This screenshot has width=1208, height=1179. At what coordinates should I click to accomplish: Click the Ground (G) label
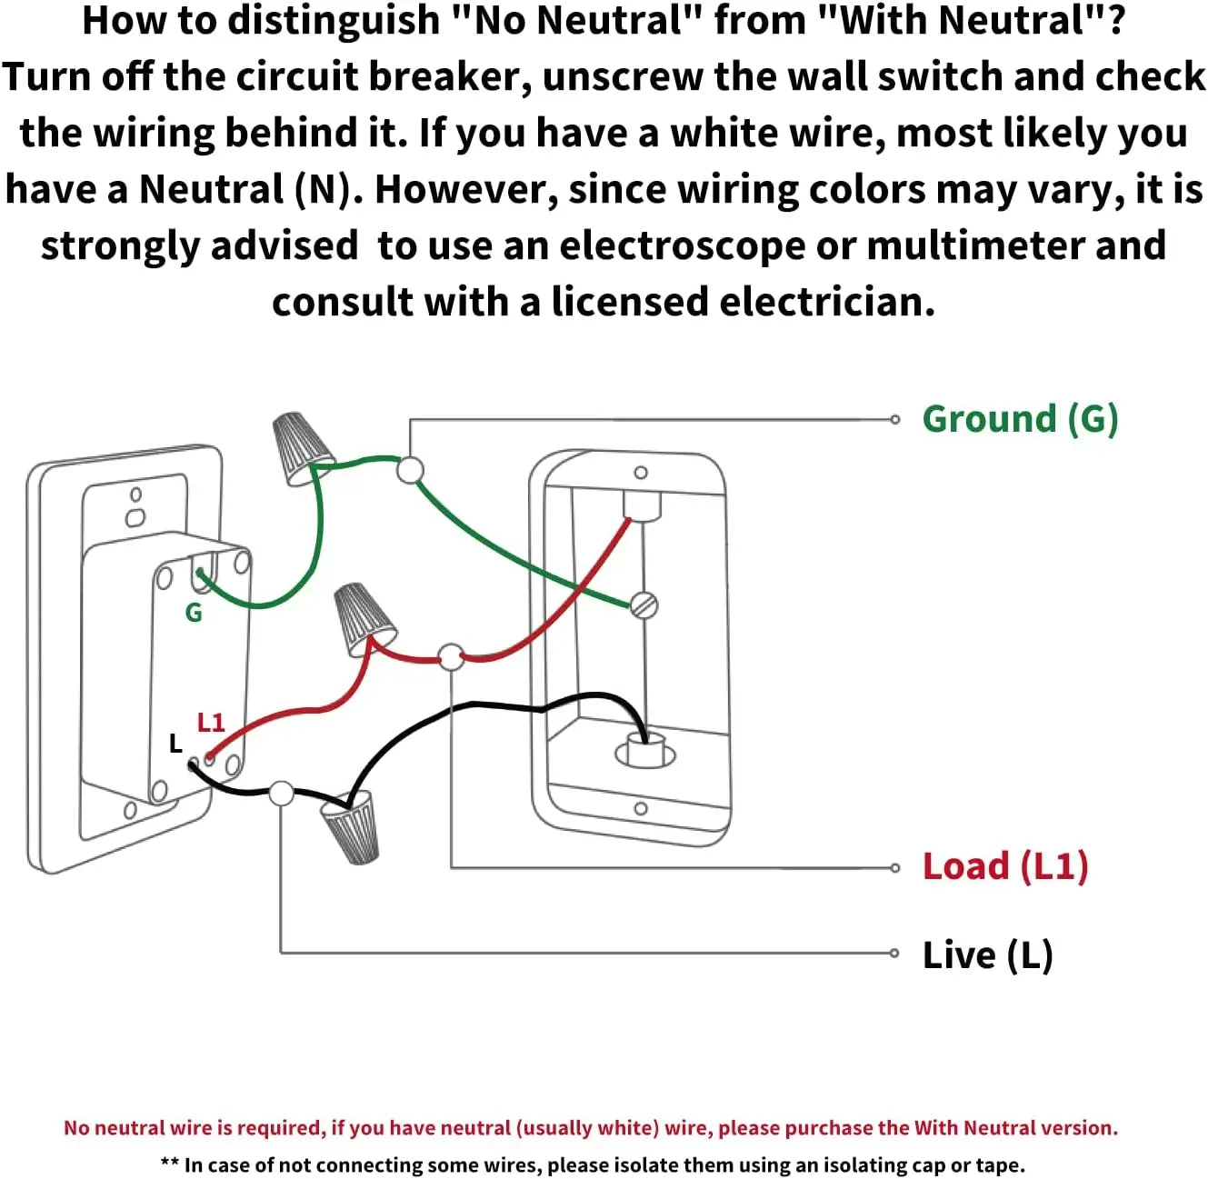(x=1020, y=419)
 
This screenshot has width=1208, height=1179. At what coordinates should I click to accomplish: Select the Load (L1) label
(x=1005, y=866)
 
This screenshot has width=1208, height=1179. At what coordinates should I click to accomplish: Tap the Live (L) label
(x=987, y=954)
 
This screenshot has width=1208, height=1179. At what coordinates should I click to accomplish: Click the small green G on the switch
(x=194, y=613)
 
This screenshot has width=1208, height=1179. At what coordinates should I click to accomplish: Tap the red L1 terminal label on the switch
(x=211, y=722)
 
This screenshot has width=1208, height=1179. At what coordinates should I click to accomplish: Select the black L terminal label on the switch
(x=175, y=744)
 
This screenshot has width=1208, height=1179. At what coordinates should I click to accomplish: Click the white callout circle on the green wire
(x=411, y=470)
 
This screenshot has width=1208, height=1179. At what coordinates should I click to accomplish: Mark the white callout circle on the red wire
(x=451, y=656)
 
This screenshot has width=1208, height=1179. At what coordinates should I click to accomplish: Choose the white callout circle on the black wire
(x=282, y=794)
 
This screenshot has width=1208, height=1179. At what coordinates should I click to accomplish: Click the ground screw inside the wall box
(x=644, y=605)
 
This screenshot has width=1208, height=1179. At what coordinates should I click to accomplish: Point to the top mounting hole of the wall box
(x=641, y=473)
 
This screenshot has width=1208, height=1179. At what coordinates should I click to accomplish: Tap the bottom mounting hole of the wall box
(x=641, y=808)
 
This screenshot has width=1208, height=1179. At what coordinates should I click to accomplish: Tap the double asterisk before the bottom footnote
(x=170, y=1164)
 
